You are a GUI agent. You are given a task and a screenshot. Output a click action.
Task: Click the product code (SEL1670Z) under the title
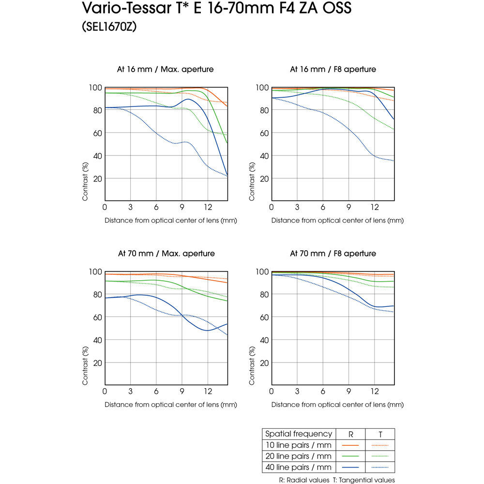[x=109, y=28]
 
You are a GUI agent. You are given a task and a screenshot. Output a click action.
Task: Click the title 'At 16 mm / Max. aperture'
[x=166, y=69]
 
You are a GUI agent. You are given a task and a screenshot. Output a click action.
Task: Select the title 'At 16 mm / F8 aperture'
[x=333, y=69]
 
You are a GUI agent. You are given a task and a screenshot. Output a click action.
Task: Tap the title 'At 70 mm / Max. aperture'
[x=166, y=253]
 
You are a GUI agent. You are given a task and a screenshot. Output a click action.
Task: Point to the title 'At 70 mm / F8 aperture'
[x=333, y=253]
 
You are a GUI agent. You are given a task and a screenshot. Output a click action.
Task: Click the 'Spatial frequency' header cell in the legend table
[x=299, y=434]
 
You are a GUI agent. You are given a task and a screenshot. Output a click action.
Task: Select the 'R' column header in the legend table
[x=351, y=434]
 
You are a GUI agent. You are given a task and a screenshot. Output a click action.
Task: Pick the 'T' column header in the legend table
[x=380, y=434]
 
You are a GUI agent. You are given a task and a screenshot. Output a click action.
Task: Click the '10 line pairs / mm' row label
[x=299, y=445]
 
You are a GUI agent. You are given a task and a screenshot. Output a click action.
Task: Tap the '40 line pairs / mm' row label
[x=299, y=467]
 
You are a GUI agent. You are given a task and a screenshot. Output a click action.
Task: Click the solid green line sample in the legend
[x=350, y=456]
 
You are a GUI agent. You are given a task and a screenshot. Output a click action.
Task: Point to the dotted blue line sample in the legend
[x=380, y=468]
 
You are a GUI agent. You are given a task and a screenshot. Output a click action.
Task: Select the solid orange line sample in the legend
[x=350, y=445]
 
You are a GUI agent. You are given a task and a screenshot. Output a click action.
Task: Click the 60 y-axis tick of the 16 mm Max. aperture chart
[x=96, y=133]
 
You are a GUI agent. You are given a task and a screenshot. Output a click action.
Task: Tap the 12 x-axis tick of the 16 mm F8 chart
[x=375, y=207]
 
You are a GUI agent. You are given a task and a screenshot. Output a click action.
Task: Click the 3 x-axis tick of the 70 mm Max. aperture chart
[x=131, y=391]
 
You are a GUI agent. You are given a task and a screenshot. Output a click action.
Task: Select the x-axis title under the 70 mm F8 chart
[x=337, y=404]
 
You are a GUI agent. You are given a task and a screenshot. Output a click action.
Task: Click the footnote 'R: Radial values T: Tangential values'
[x=337, y=480]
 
